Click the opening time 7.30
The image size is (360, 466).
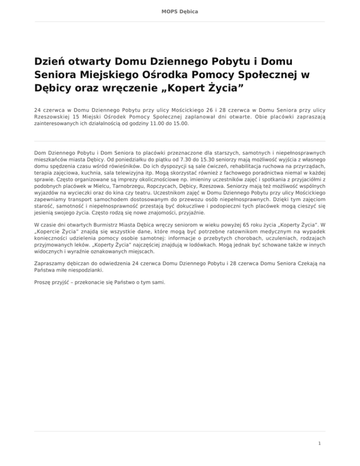point(154,159)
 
